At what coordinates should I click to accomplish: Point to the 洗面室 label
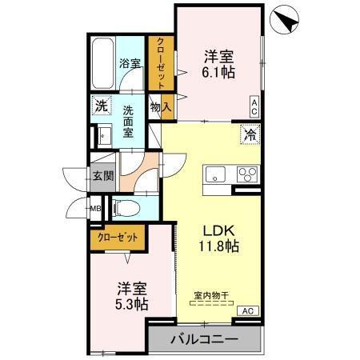(x=128, y=122)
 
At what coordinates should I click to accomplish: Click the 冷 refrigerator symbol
(x=250, y=134)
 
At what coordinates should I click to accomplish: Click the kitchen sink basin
(x=216, y=175)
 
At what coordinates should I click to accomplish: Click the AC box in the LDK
(x=246, y=310)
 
